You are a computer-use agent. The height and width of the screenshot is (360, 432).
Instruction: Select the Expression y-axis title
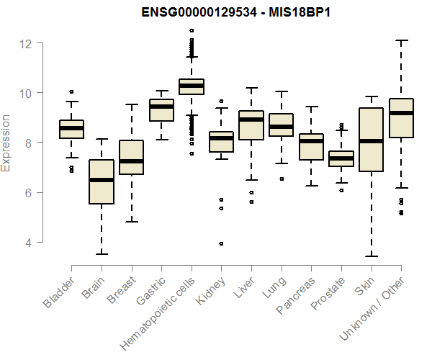click(x=6, y=143)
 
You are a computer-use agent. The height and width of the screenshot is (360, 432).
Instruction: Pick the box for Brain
click(x=102, y=182)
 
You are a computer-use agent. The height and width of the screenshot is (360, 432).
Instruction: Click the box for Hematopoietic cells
click(x=192, y=86)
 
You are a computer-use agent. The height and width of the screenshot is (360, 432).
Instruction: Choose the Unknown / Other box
click(x=400, y=118)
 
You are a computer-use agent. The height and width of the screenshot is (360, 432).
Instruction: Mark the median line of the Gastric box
click(x=161, y=107)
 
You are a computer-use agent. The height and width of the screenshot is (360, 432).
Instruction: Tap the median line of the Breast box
click(x=131, y=161)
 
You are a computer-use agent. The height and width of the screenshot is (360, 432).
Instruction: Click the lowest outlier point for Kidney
click(x=221, y=243)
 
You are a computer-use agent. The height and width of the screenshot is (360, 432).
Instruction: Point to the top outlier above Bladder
click(x=71, y=92)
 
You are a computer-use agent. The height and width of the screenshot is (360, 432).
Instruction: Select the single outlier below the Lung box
click(x=281, y=179)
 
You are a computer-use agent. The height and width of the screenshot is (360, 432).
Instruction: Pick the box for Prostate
click(x=341, y=159)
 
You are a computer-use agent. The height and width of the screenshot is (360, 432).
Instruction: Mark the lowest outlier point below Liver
click(x=251, y=202)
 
